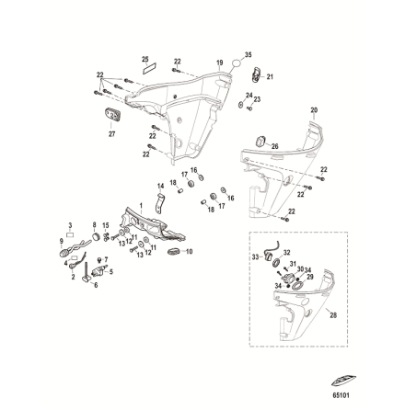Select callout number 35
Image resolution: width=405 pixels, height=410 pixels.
point(249,54)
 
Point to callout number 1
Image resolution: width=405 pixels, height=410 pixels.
point(141,204)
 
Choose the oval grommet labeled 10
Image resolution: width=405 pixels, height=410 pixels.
point(174,250)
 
